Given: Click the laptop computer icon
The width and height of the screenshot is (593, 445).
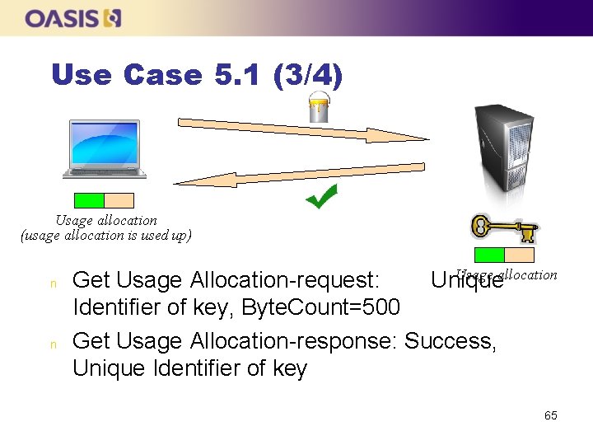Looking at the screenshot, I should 105,149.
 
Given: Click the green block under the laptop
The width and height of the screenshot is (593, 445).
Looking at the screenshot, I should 89,200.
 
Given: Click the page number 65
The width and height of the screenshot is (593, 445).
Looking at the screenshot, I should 550,415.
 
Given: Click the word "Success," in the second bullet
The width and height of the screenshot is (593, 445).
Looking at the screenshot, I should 451,340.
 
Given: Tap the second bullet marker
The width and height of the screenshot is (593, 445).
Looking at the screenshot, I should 53,343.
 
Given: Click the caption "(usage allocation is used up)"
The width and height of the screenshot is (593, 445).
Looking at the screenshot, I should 105,236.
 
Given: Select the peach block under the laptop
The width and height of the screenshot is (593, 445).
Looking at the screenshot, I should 119,200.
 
